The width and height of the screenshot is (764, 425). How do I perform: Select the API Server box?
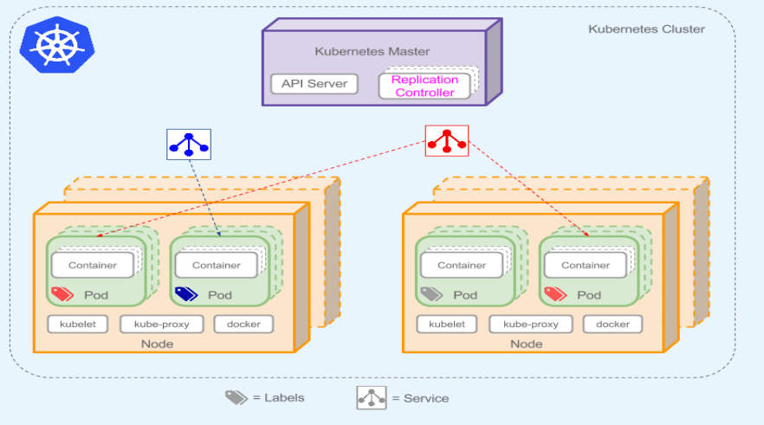(314, 84)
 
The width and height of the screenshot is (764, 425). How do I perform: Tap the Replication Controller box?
(424, 86)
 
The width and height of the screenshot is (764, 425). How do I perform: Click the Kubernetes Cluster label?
(646, 29)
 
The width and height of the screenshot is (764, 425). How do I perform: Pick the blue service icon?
(189, 145)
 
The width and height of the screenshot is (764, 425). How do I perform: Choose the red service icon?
(447, 140)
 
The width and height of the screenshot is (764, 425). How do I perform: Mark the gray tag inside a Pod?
(431, 294)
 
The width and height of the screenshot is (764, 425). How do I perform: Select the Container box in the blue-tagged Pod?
(217, 265)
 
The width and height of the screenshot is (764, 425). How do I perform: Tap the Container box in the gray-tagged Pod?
(462, 265)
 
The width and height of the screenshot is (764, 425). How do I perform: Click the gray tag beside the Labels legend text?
(236, 397)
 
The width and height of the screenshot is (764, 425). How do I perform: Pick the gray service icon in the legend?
(372, 397)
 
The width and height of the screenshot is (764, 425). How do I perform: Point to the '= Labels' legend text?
(278, 398)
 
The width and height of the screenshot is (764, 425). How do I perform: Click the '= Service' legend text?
(420, 398)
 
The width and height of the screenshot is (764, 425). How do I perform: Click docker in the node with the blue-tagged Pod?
(243, 325)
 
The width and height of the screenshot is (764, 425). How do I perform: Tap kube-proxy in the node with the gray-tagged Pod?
(530, 325)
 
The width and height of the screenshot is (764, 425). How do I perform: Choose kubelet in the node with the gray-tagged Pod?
(447, 325)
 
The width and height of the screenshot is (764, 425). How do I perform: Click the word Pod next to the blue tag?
(220, 295)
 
